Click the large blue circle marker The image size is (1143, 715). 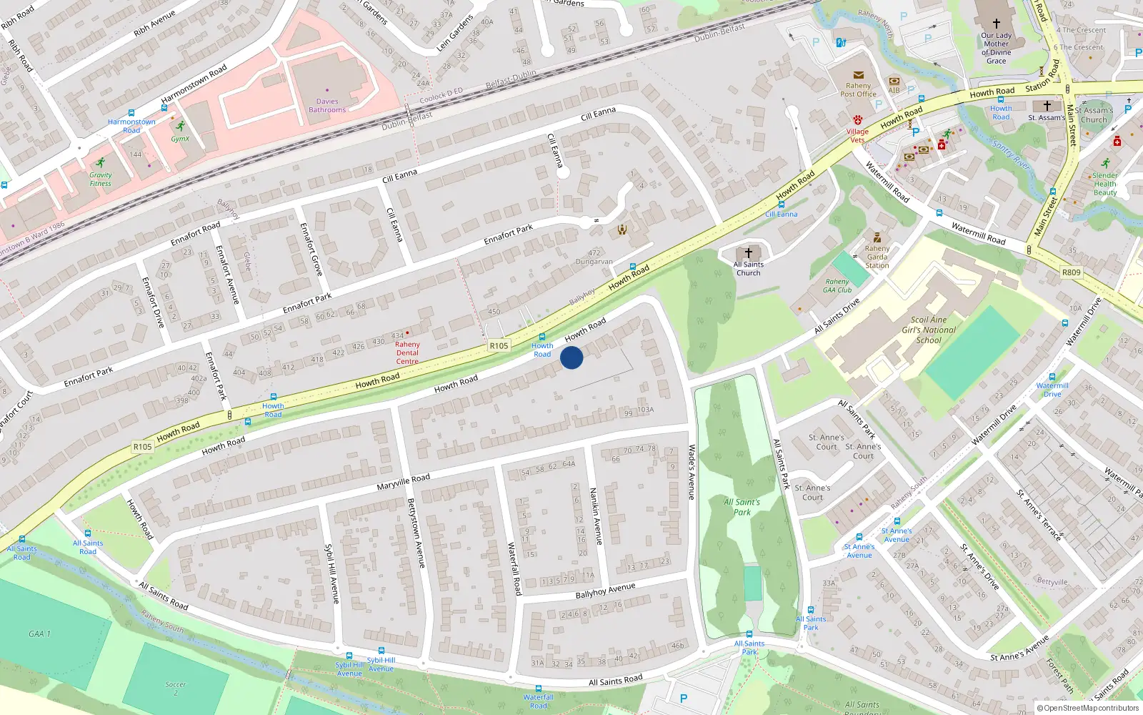pyautogui.click(x=571, y=357)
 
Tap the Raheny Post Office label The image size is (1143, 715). pyautogui.click(x=858, y=90)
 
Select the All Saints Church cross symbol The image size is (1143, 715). pyautogui.click(x=749, y=253)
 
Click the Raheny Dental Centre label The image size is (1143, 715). pyautogui.click(x=407, y=352)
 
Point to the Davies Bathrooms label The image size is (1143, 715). pyautogui.click(x=327, y=106)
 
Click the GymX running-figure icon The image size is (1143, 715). pyautogui.click(x=180, y=127)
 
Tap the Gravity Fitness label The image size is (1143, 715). pyautogui.click(x=101, y=179)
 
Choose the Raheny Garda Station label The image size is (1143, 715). pyautogui.click(x=877, y=257)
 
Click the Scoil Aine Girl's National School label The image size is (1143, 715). pyautogui.click(x=929, y=330)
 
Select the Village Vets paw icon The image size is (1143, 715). pyautogui.click(x=857, y=119)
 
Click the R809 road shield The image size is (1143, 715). pyautogui.click(x=1071, y=272)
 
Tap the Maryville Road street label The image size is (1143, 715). pyautogui.click(x=403, y=482)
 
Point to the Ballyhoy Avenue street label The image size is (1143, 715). pyautogui.click(x=605, y=591)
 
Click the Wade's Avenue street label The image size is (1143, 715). pyautogui.click(x=692, y=472)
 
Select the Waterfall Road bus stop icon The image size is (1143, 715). pyautogui.click(x=539, y=689)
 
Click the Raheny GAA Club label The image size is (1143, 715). pyautogui.click(x=837, y=286)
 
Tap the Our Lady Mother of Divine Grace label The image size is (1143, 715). pyautogui.click(x=996, y=48)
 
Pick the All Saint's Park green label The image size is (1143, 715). pyautogui.click(x=742, y=507)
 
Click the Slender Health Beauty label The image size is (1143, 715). pyautogui.click(x=1104, y=184)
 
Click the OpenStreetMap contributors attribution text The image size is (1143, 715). pyautogui.click(x=1091, y=709)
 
